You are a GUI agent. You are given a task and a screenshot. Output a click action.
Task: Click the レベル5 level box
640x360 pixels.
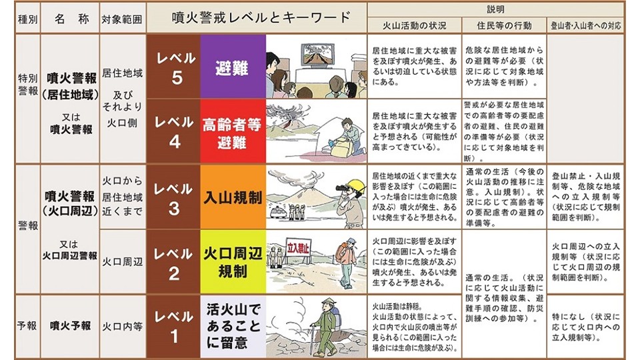click(x=173, y=67)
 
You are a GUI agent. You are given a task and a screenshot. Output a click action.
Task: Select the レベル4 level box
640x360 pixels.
click(x=173, y=131)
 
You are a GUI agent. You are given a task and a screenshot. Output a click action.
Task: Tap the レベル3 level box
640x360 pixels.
click(x=173, y=197)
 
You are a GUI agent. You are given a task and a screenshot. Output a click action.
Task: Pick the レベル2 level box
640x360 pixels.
click(x=173, y=262)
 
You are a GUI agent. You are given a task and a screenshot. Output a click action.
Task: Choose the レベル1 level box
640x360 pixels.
click(x=173, y=326)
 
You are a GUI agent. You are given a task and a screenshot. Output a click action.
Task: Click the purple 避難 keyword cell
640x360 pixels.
click(x=232, y=67)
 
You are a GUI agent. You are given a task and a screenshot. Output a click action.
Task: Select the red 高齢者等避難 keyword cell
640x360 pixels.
click(x=232, y=131)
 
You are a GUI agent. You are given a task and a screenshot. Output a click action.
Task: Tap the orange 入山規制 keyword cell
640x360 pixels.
click(x=232, y=197)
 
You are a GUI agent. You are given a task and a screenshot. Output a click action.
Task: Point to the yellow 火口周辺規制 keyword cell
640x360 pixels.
click(x=232, y=262)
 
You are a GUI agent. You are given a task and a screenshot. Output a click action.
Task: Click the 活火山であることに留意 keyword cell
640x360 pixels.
click(x=232, y=326)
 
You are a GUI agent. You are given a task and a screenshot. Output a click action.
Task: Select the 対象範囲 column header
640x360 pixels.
click(x=121, y=19)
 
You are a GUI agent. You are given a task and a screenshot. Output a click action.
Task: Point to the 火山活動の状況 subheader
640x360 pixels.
click(x=413, y=26)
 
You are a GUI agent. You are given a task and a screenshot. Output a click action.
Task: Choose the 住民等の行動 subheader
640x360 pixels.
click(x=504, y=26)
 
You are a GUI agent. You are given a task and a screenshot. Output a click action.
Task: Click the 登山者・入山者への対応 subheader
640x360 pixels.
click(x=585, y=26)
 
